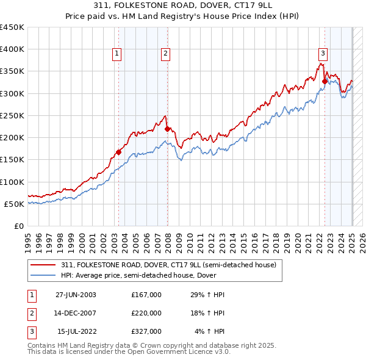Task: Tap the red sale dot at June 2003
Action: click(x=118, y=152)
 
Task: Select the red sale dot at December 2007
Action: click(x=167, y=129)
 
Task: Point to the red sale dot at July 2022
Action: click(x=325, y=81)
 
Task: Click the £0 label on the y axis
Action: click(x=18, y=226)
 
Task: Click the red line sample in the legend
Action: click(x=43, y=265)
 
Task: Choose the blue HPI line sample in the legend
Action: click(x=43, y=275)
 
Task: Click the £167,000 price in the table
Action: click(x=146, y=295)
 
